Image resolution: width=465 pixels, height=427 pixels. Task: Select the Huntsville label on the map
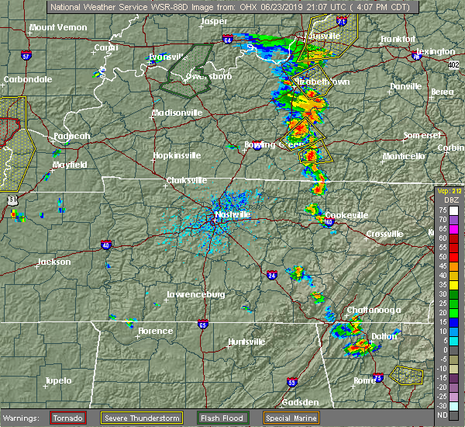246,342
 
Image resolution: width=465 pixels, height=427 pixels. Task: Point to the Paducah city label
72,137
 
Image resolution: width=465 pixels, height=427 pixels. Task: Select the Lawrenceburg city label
196,294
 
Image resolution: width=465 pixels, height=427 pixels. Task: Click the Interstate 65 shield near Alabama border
202,325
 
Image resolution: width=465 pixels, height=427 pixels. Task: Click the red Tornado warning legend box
68,418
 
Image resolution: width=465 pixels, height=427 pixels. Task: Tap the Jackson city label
54,262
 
